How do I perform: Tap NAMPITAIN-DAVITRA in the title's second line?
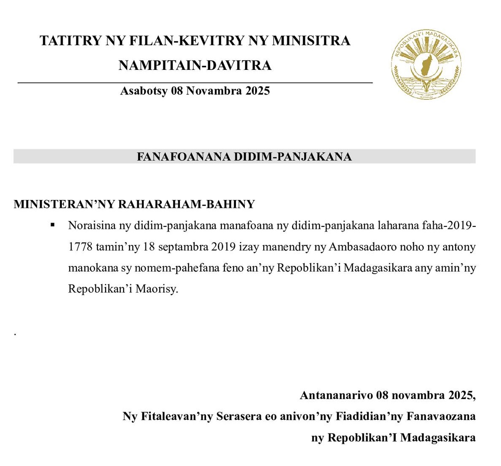(x=195, y=65)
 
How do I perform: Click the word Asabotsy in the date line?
(x=144, y=91)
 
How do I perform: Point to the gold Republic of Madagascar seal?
(x=426, y=64)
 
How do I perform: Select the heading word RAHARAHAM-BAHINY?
(x=186, y=204)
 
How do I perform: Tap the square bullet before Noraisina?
(x=53, y=225)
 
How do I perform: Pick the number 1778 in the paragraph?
(x=80, y=247)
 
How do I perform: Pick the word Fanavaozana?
(x=441, y=416)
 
